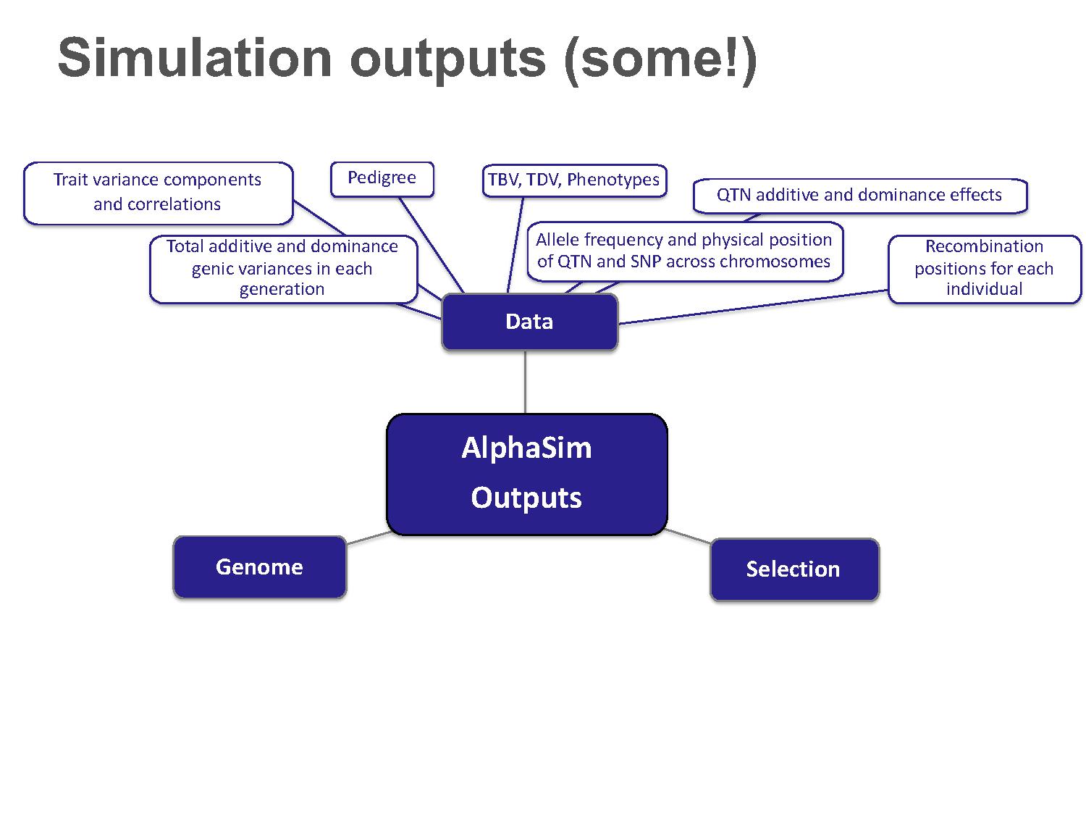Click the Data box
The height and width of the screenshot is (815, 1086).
coord(529,322)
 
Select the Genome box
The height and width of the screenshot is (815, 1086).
coord(259,567)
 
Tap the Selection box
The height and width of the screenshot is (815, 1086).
coord(794,569)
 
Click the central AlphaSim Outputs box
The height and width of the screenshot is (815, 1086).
coord(526,475)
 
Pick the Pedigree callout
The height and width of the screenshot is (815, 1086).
coord(382,179)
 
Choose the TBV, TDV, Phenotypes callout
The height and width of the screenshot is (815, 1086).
coord(574,180)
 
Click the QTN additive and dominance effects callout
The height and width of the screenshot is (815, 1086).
coord(860,196)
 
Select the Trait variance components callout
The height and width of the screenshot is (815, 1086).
coord(158,193)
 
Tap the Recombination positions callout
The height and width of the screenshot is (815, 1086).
coord(984,269)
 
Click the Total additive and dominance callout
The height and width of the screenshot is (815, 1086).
coord(283,269)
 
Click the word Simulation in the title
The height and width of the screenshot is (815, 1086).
coord(195,59)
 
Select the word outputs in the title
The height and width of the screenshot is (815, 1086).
coord(447,62)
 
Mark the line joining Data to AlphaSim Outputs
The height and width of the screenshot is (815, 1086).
coord(525,382)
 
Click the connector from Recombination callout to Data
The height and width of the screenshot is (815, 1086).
coord(753,307)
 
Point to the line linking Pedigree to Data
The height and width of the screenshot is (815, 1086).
coord(432,245)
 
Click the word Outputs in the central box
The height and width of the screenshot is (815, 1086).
coord(526,498)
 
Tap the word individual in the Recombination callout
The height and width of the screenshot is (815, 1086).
coord(984,289)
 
